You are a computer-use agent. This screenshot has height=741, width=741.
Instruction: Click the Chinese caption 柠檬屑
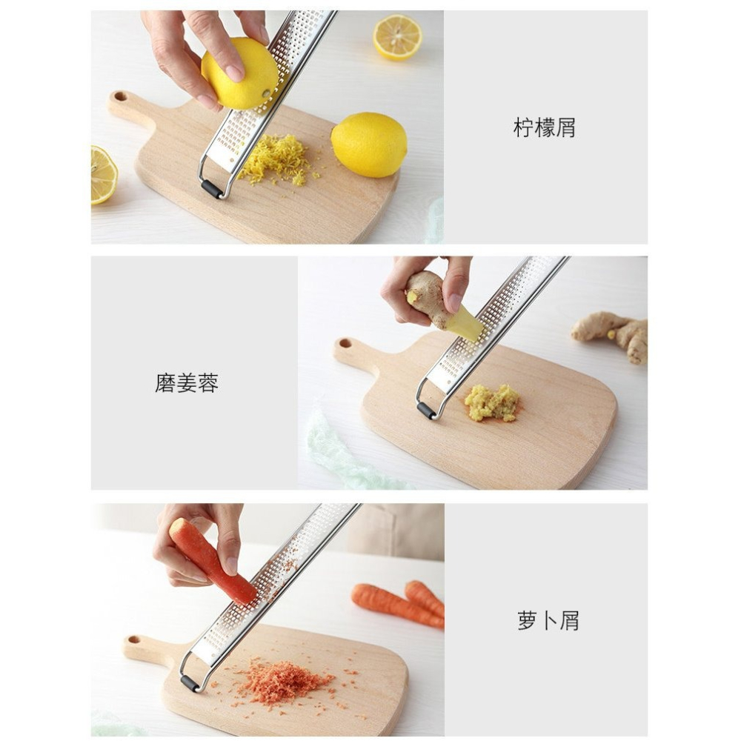click(545, 128)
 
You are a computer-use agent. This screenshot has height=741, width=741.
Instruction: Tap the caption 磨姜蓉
click(187, 383)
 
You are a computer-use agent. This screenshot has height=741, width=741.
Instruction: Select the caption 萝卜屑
click(548, 621)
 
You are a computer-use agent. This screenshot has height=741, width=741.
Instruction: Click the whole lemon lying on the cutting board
click(369, 144)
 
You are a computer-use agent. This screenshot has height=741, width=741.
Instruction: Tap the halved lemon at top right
click(398, 37)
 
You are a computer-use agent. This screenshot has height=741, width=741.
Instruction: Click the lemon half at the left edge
click(103, 175)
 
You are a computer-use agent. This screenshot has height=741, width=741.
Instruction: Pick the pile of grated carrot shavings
click(285, 681)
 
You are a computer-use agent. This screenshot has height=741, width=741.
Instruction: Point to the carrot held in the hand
click(211, 560)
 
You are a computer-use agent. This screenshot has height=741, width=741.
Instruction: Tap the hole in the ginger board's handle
click(345, 344)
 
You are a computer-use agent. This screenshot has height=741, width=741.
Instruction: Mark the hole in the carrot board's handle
click(135, 639)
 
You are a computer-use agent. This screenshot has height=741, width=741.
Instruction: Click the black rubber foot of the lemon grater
click(212, 189)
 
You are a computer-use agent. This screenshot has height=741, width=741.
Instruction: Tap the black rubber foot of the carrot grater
click(190, 682)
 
